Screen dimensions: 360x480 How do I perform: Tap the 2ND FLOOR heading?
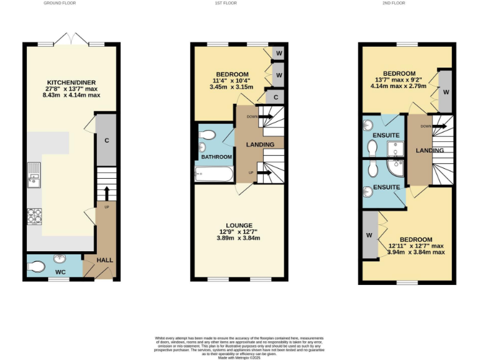[393, 3]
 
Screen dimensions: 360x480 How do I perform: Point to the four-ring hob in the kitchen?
[34, 216]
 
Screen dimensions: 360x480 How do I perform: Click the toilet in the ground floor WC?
[36, 267]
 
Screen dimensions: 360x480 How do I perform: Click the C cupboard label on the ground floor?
[106, 140]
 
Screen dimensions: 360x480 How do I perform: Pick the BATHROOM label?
[216, 157]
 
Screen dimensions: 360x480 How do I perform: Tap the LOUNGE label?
[239, 225]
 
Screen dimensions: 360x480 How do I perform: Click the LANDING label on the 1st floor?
[259, 145]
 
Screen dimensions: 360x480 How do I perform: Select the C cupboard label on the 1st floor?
[275, 97]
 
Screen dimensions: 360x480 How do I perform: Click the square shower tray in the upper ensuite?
[395, 147]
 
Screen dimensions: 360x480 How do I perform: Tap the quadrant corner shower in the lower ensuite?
[396, 169]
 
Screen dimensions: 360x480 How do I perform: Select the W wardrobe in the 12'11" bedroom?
[370, 236]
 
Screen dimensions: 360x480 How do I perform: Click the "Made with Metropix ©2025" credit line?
[240, 357]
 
